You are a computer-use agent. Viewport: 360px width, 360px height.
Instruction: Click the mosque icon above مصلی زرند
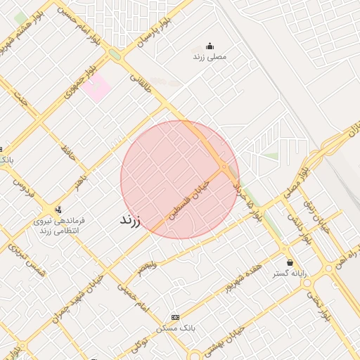point(209,45)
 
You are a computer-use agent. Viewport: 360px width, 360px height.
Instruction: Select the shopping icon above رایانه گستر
point(290,262)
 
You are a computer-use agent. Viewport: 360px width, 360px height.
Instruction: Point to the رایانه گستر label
point(290,274)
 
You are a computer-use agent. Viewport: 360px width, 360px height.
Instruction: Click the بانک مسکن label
point(175,328)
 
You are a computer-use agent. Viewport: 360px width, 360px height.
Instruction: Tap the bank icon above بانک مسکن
point(175,318)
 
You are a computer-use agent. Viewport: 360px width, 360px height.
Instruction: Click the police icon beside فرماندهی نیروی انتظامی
point(58,209)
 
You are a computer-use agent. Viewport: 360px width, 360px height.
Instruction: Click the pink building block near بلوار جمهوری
point(96,87)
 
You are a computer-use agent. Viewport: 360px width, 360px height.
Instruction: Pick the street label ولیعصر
point(144,268)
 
